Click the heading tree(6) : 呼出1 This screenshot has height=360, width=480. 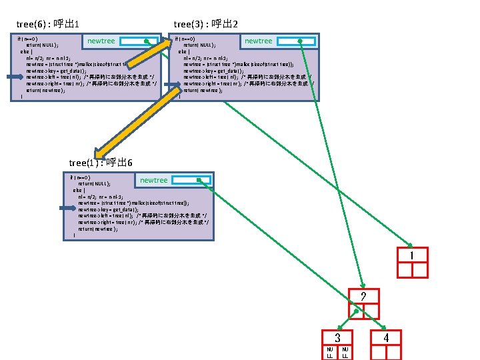48,25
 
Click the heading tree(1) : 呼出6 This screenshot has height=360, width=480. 101,163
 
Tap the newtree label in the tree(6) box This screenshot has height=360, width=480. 101,41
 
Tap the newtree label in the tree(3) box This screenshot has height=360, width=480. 259,41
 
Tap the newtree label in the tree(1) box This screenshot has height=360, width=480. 154,181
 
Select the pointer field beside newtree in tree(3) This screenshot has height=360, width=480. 296,41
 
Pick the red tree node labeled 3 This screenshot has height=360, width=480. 338,338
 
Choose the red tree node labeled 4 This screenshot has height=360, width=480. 386,338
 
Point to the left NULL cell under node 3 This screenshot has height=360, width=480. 330,352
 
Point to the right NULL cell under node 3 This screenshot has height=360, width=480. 345,352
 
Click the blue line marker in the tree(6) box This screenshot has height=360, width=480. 15,77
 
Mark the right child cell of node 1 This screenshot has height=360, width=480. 419,269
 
